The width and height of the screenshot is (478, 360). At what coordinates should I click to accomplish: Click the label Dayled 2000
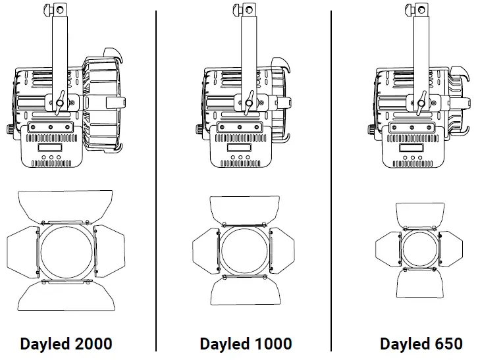point(66,344)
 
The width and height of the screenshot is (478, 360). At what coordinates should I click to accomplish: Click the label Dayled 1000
point(246,344)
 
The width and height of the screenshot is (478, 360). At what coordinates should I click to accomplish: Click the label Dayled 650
point(421,344)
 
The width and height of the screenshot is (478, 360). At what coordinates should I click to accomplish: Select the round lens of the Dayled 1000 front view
point(244,251)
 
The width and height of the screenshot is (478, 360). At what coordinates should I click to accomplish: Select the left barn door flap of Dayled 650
point(387,249)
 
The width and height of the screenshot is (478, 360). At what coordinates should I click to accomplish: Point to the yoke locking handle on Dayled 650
point(420,101)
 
